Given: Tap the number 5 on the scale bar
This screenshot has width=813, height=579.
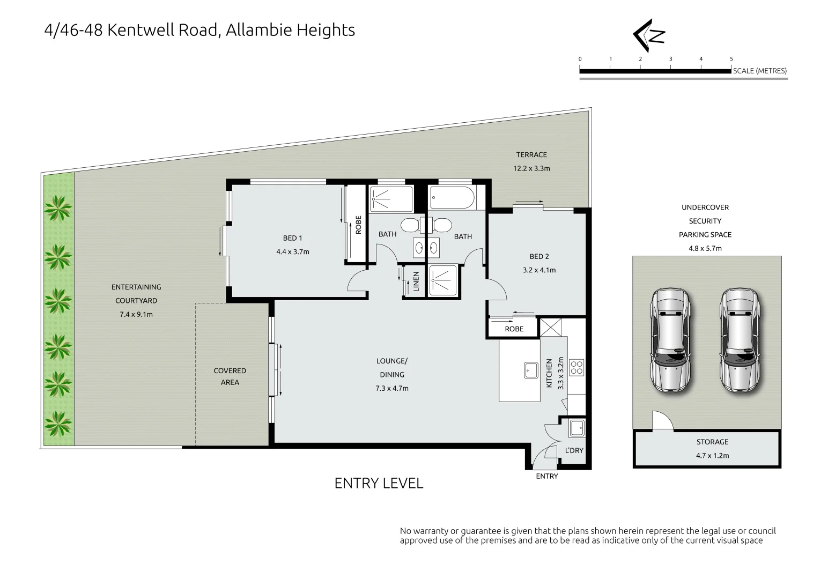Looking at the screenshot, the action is coord(731,59).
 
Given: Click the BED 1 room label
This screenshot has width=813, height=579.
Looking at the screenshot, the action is coord(292,238).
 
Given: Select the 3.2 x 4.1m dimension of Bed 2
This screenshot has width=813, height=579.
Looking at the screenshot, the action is coord(539,270).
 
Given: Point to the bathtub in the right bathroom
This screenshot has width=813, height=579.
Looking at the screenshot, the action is coord(452,197).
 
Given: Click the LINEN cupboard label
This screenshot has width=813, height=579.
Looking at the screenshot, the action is coord(416,281).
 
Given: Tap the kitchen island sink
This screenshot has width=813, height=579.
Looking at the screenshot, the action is coord(530,370).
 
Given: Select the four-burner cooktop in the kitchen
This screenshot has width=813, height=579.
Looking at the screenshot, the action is coord(577,367).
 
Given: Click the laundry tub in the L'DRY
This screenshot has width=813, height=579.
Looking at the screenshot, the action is coord(576,428).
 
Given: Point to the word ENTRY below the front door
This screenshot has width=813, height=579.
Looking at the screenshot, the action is coord(547,476).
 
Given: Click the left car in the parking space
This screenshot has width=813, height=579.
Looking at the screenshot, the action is coord(671,340).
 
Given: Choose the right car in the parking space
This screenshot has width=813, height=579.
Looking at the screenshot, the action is coord(740,340).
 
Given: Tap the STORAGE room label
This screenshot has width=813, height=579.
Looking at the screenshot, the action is coord(713,442).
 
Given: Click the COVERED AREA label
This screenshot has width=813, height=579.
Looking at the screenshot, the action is coord(230,376).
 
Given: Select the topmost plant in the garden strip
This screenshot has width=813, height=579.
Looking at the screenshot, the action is coord(58,208).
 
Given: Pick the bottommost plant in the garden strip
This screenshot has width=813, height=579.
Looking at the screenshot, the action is coord(58,424).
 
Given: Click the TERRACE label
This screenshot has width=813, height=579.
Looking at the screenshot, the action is coord(531,154).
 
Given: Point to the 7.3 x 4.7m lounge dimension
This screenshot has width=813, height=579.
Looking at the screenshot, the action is coord(392,388).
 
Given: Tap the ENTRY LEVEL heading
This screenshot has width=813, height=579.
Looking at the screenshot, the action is coord(379,483).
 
